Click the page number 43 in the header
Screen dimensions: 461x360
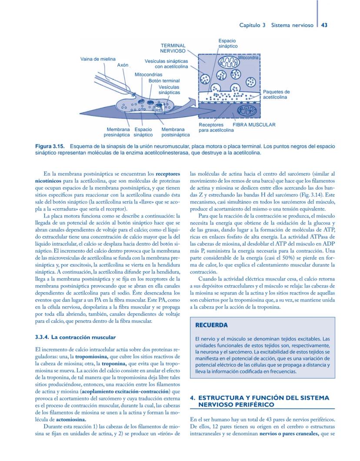[324, 25]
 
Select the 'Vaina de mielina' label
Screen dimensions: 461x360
[98, 59]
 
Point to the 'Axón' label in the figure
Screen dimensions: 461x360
[123, 65]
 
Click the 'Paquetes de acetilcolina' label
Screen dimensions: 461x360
[276, 94]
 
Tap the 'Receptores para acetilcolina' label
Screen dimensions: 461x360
[216, 127]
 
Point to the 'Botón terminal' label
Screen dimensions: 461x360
[164, 80]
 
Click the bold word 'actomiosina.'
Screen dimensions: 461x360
[71, 420]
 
